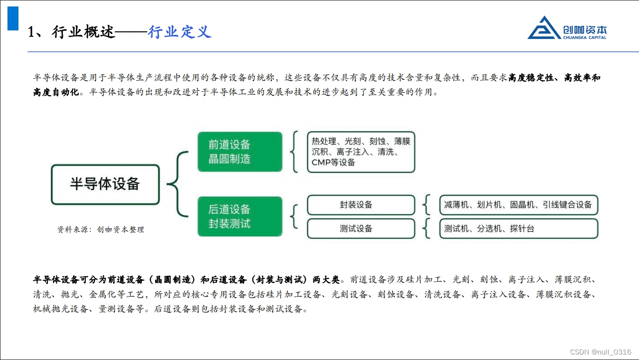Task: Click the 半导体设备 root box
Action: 105,184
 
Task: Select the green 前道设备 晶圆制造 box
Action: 240,152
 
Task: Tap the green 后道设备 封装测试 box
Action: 240,216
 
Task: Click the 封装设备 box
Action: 361,205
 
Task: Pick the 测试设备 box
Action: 361,229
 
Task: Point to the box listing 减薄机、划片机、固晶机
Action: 518,205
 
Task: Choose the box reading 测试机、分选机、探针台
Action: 518,229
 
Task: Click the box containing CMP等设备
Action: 361,152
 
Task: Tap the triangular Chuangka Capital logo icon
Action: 544,28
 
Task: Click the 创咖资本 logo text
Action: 585,29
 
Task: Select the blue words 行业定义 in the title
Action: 180,32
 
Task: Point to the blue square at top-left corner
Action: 13,18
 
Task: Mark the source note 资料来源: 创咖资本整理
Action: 101,230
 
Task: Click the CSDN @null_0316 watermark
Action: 601,352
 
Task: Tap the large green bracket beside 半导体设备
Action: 178,184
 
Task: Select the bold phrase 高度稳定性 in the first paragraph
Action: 533,78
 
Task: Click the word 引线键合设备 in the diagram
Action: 567,205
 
